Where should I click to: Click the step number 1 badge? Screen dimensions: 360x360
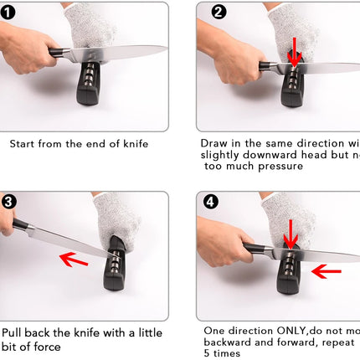point(8,12)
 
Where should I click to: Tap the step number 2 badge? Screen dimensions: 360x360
point(219,12)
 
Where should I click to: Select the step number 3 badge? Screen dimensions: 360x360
point(8,202)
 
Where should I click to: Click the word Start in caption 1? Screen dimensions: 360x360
point(23,143)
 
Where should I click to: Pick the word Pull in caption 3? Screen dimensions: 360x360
point(15,333)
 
